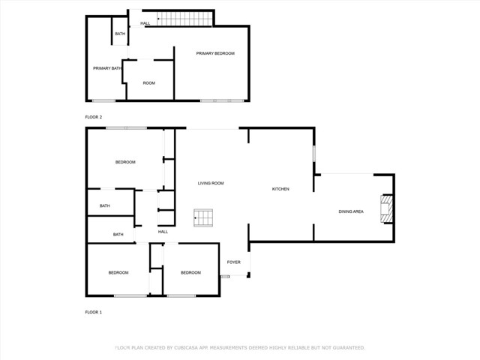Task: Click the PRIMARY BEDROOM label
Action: (215, 53)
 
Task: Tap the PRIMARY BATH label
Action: (107, 68)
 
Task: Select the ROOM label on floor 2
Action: (149, 82)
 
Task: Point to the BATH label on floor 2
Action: (120, 34)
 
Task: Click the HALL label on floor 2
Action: (145, 23)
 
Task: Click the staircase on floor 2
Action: (184, 19)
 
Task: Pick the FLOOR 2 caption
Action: (93, 117)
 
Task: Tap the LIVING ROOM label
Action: (211, 183)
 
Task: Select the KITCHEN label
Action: (280, 189)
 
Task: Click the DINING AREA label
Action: (351, 211)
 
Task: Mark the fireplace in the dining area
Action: (387, 209)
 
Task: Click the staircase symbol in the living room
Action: (203, 218)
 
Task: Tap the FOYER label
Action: (234, 262)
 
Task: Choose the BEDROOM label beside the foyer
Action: (190, 272)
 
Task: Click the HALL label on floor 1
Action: (163, 232)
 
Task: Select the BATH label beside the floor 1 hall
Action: (118, 235)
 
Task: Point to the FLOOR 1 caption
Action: (93, 311)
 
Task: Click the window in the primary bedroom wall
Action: (221, 100)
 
